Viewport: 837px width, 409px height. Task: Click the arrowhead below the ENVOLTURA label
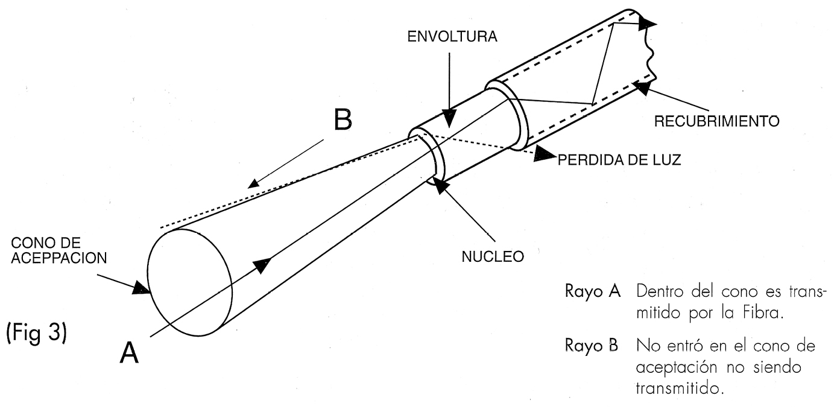(x=449, y=116)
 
